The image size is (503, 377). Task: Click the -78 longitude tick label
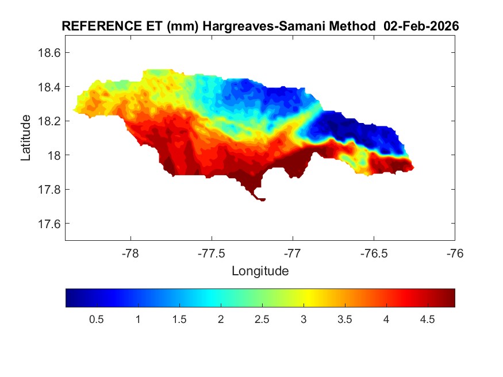coord(130,253)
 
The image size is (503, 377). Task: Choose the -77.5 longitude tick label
coord(212,253)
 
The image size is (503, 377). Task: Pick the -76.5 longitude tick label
coord(374,253)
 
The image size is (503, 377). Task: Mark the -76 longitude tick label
coord(455,253)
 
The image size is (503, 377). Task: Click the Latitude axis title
coord(26,138)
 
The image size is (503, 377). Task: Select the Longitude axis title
coord(260,271)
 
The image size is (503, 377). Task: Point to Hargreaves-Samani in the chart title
coord(241,26)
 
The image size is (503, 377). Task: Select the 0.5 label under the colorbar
coord(97,320)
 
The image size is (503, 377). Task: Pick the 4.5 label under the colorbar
coord(427,320)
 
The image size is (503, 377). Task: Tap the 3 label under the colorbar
coord(304,320)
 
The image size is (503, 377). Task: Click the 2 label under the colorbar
coord(221,320)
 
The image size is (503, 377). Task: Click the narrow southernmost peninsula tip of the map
coord(262,199)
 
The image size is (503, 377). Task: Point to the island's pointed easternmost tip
coord(413,168)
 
